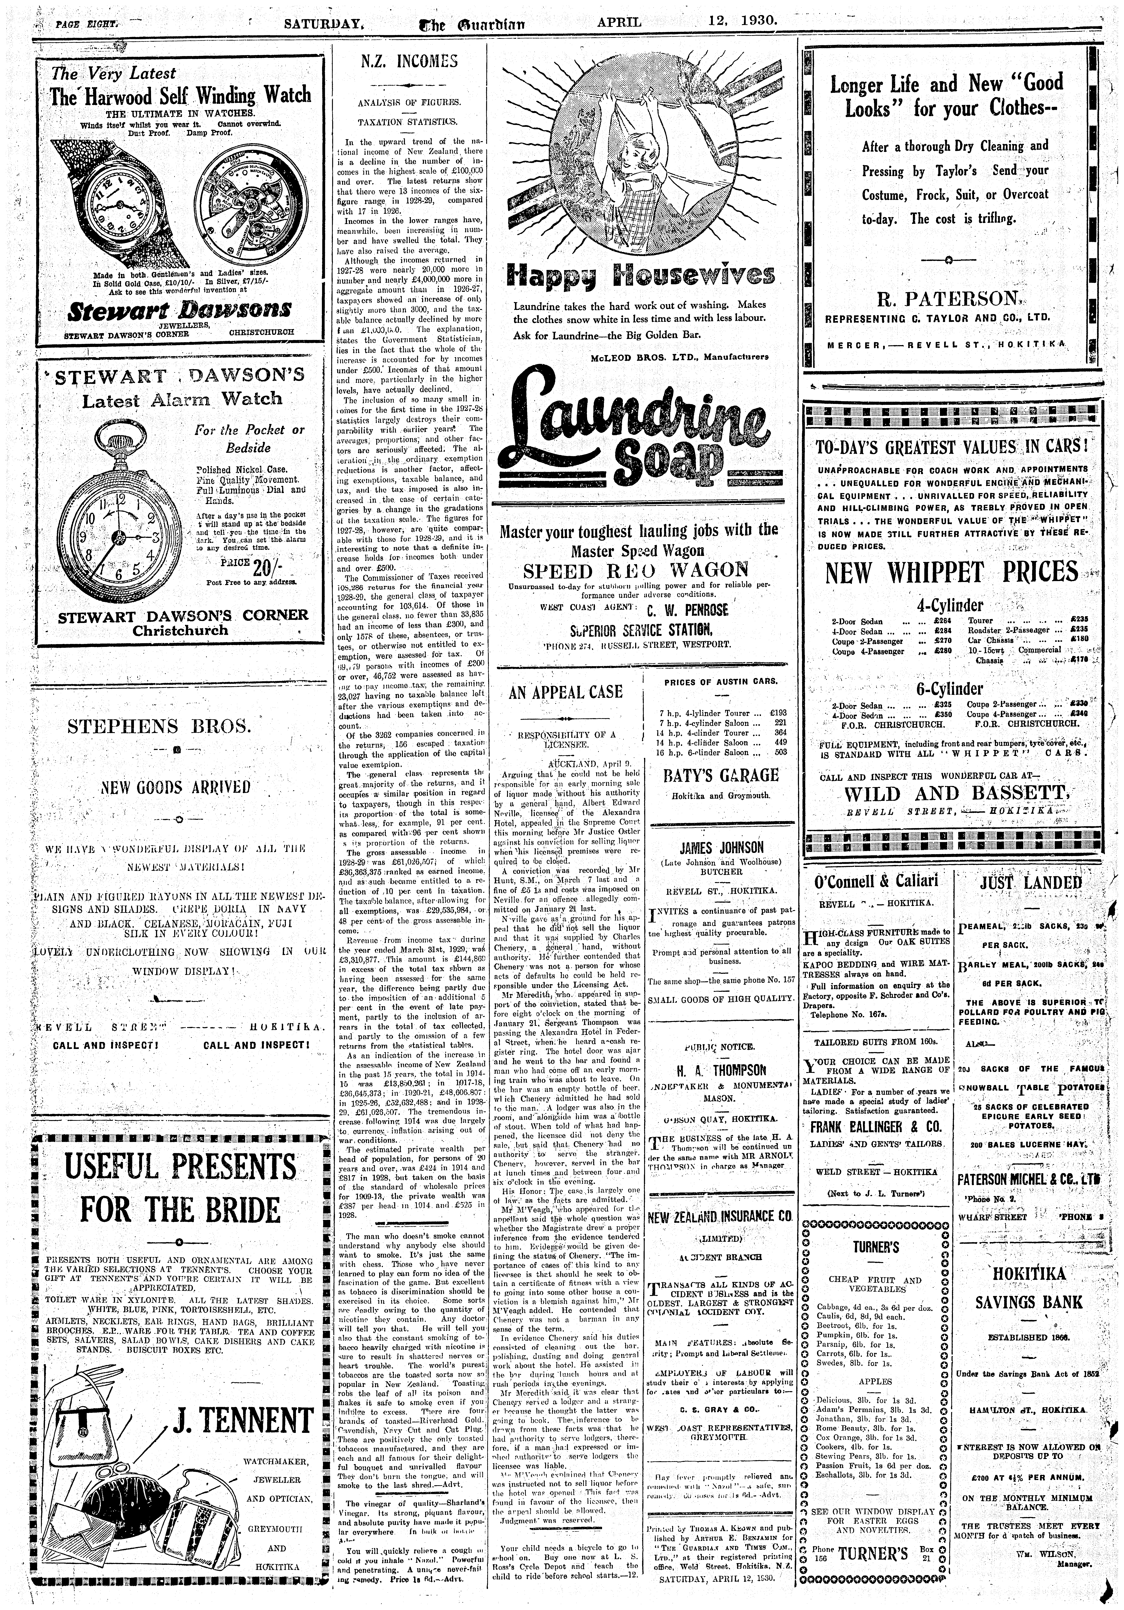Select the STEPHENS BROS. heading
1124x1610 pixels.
pos(159,725)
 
